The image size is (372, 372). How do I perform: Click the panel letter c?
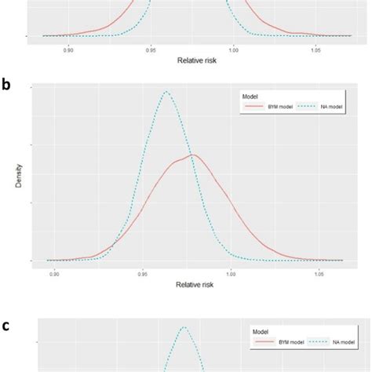coord(6,326)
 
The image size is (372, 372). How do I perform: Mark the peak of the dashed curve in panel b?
coord(166,92)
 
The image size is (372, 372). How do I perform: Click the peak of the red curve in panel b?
coord(192,155)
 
